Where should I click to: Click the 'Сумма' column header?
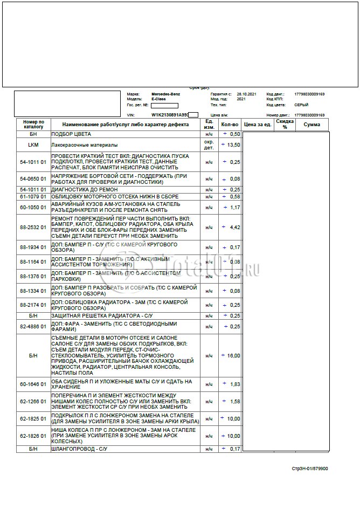coord(311,125)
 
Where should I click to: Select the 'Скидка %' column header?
coord(285,125)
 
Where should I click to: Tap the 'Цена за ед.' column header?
coord(257,125)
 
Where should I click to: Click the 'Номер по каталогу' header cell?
coord(33,125)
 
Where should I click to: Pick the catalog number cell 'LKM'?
coord(33,145)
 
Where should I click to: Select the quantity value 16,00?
coord(233,356)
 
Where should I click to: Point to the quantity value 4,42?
coord(234,228)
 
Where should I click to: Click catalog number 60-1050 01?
coord(33,207)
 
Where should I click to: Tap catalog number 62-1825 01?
coord(33,418)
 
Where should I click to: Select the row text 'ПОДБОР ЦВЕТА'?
coord(71,134)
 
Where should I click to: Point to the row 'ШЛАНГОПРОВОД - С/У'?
coord(82,449)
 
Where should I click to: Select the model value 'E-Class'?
coord(159,99)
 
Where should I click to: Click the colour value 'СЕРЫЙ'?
coord(301,105)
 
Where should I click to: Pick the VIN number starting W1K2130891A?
coord(170,115)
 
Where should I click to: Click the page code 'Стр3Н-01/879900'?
coord(310,469)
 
